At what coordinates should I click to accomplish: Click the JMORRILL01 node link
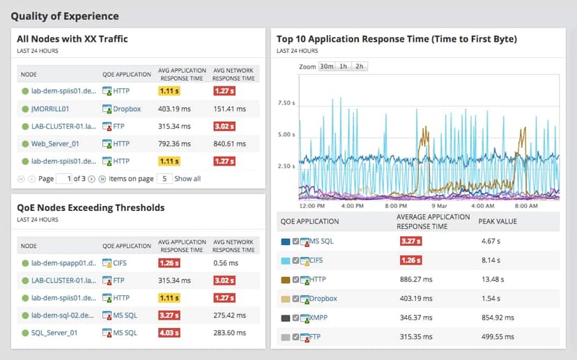50,109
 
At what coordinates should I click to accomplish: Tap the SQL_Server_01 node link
54,333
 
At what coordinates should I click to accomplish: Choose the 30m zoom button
326,67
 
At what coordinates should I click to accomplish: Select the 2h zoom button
359,67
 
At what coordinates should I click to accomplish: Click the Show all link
187,179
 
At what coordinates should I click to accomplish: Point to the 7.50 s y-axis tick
287,103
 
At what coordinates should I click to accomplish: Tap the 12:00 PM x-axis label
311,206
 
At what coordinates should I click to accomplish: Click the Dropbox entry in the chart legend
323,299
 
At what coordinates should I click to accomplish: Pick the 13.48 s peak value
494,280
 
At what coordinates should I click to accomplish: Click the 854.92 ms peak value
498,318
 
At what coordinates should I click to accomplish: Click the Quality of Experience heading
65,16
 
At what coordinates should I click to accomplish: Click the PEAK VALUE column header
498,221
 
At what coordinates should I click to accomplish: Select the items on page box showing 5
163,179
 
